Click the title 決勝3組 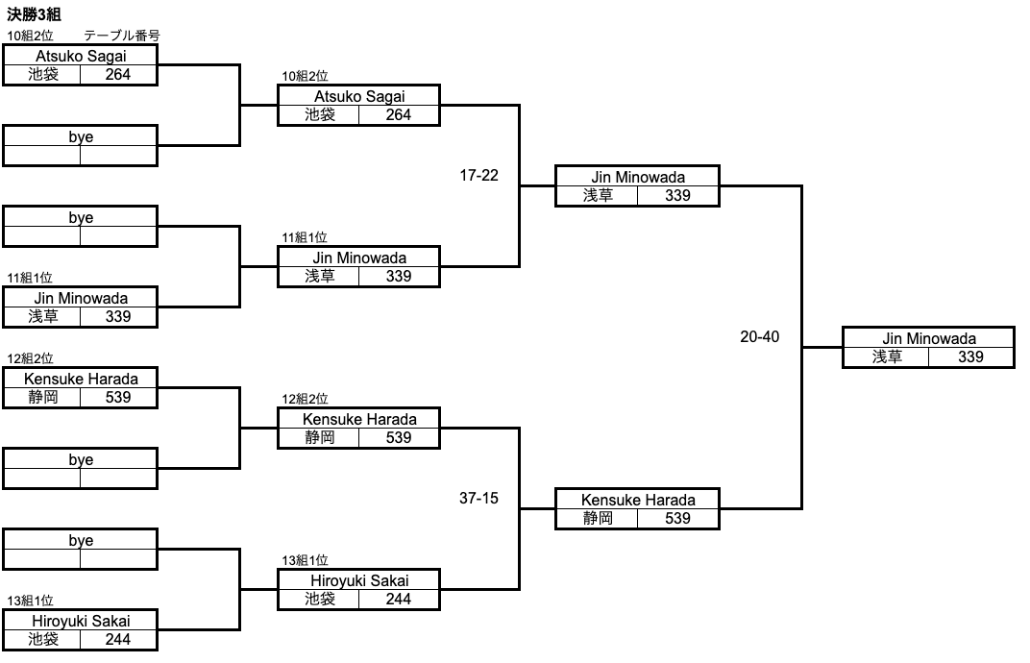coord(35,15)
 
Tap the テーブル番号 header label coord(121,36)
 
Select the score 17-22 coord(478,176)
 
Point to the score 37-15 coord(478,499)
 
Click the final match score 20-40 coord(759,337)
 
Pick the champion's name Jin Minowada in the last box coord(928,338)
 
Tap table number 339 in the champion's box coord(970,356)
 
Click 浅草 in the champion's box coord(886,356)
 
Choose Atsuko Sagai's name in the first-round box coord(81,56)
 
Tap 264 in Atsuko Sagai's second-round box coord(398,114)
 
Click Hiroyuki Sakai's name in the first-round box coord(81,621)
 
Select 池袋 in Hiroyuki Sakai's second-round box coord(319,599)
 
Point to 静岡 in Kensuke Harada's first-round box coord(42,397)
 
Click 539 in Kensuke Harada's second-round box coord(398,437)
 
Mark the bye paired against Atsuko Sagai coord(81,137)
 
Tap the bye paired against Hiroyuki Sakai coord(81,541)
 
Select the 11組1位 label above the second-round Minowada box coord(305,237)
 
